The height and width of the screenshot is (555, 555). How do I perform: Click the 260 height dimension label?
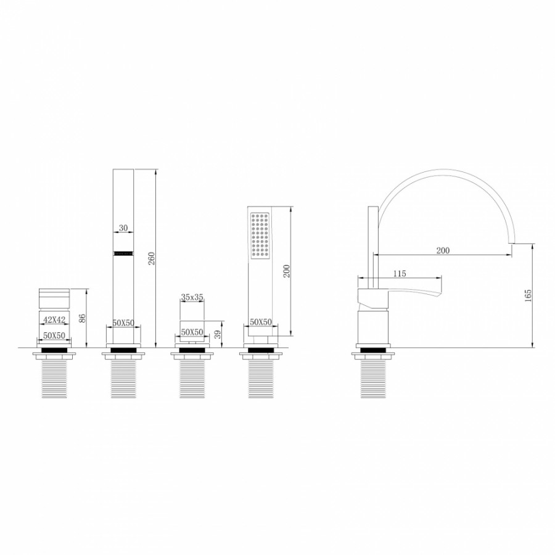tap(152, 259)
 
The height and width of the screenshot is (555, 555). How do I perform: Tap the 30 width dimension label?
tap(123, 228)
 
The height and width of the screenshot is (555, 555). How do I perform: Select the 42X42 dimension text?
tap(54, 319)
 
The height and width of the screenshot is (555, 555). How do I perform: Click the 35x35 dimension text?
tap(192, 297)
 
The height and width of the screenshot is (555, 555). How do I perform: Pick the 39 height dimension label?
tap(218, 334)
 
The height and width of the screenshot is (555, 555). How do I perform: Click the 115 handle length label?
tap(399, 274)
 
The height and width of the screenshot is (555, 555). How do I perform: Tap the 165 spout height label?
tap(528, 295)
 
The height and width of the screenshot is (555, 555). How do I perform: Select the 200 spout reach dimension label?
tap(442, 250)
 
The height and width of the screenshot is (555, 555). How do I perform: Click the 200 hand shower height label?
tap(287, 271)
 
